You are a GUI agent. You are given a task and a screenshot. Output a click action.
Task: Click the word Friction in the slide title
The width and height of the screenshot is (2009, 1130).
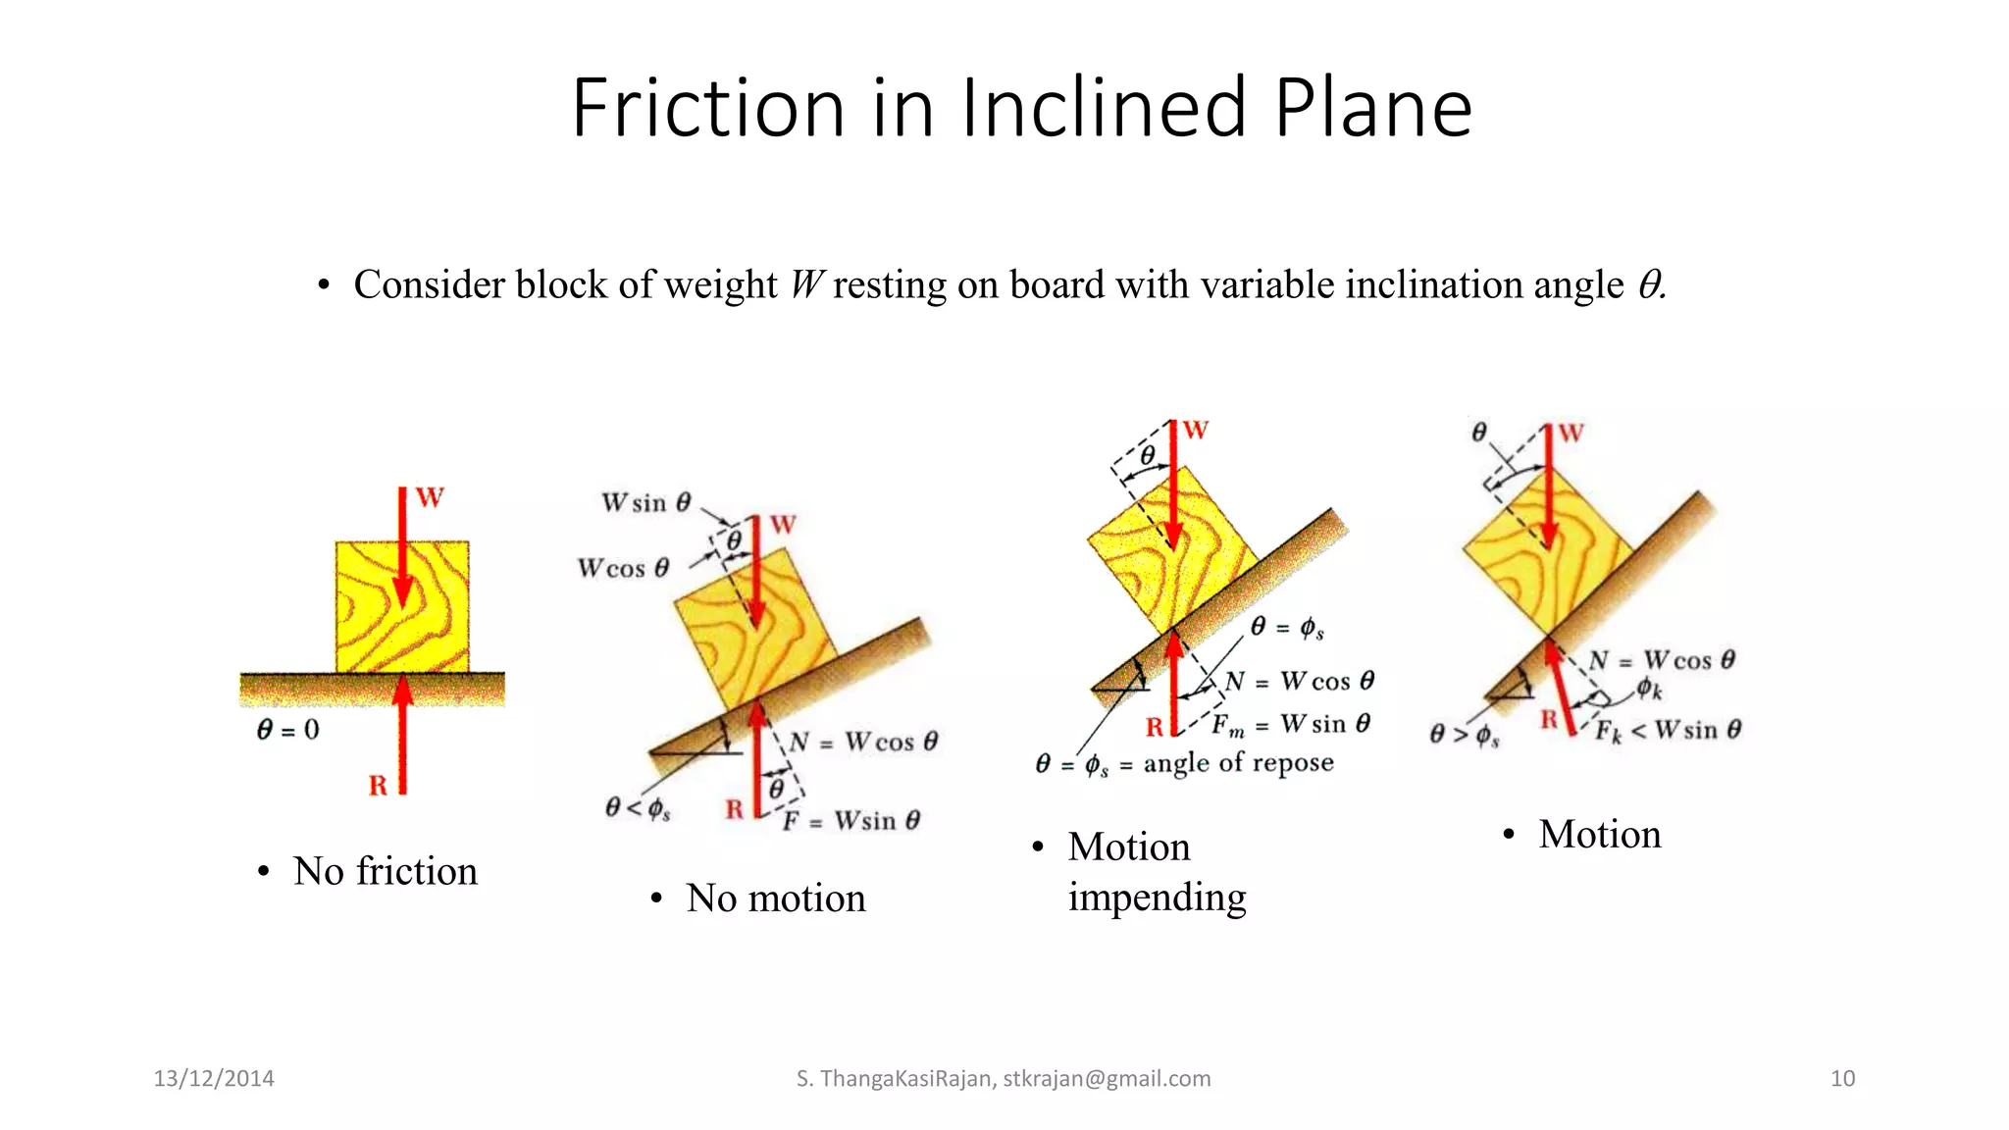point(707,108)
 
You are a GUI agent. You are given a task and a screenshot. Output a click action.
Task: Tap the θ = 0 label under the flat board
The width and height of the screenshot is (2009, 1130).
point(288,730)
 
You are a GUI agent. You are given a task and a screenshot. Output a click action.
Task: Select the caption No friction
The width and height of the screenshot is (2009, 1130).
point(385,871)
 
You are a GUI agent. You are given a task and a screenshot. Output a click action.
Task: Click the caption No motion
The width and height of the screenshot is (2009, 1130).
point(775,899)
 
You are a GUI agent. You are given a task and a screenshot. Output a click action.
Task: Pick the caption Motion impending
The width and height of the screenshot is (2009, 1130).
point(1156,872)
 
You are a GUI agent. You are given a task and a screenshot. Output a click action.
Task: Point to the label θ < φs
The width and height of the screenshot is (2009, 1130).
point(638,808)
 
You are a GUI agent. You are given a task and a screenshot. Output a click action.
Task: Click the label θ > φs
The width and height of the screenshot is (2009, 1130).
point(1464,735)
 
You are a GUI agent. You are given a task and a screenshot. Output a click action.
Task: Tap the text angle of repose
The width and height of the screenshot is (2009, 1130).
point(1238,763)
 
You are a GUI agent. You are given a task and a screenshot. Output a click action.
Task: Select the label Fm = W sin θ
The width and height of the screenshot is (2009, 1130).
point(1290,725)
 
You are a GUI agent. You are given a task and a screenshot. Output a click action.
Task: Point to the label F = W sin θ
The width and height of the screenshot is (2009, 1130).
point(850,820)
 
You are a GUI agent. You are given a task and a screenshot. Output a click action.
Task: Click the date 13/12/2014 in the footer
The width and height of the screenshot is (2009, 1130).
point(214,1079)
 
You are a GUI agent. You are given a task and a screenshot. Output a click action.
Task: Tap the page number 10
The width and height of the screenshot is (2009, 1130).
point(1842,1079)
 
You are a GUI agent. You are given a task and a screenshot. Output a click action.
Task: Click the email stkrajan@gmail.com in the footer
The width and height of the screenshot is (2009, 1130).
point(1107,1079)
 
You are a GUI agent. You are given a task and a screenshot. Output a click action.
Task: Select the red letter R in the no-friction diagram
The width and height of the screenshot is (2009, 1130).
point(379,786)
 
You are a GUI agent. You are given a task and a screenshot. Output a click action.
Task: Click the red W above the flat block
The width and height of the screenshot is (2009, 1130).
point(430,498)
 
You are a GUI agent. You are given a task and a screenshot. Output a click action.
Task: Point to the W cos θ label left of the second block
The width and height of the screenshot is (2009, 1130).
point(623,569)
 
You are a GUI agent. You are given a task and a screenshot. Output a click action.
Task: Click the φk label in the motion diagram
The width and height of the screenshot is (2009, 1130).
point(1649,690)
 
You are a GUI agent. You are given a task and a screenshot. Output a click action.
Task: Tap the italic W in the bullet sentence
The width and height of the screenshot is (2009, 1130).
point(806,285)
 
